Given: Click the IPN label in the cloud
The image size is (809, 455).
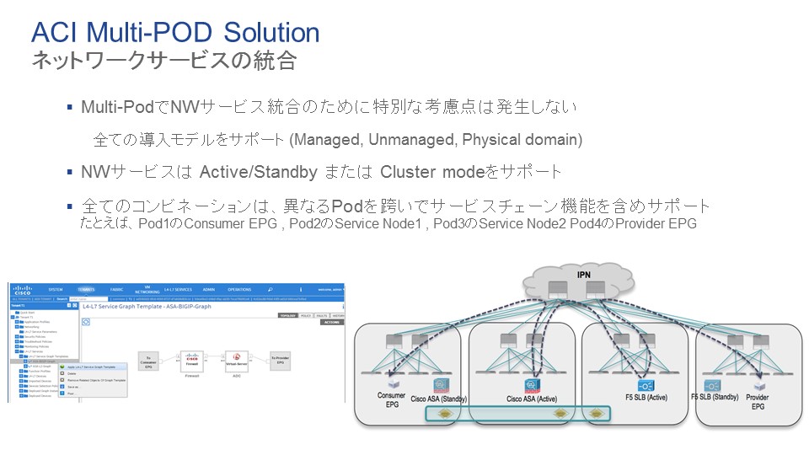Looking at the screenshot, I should pos(583,275).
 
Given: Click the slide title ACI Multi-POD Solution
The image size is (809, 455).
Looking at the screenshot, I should pos(175,32).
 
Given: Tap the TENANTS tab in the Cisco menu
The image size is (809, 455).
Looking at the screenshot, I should pos(86,289).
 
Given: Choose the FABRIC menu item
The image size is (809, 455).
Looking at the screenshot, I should pos(116,289).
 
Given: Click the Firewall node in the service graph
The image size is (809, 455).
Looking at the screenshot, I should pos(193,360).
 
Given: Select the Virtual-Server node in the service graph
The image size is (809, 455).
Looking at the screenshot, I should pos(237,360).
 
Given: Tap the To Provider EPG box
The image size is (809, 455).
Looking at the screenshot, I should pos(280,360).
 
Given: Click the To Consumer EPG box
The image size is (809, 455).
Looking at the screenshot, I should pos(149,360).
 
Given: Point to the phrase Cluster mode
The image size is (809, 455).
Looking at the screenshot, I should pos(429,172).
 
